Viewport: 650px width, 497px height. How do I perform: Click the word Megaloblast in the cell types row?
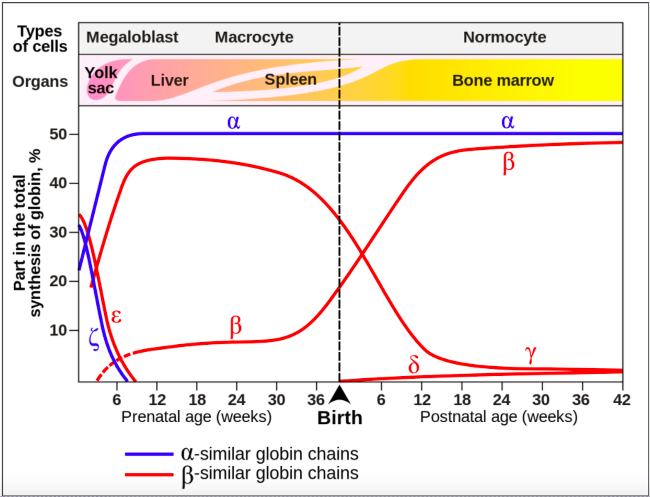(x=132, y=38)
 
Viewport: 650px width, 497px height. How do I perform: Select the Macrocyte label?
(x=254, y=38)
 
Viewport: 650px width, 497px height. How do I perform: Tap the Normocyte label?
(x=504, y=38)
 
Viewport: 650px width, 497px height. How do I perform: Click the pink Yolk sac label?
(x=100, y=80)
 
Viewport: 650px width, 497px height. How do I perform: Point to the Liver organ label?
(x=170, y=80)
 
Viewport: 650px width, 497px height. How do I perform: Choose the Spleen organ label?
(x=291, y=79)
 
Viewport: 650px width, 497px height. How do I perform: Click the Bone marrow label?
(x=503, y=81)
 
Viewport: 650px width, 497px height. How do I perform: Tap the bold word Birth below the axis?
(x=339, y=418)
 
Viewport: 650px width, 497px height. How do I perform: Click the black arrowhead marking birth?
(x=339, y=393)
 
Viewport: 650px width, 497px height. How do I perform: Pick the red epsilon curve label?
(x=117, y=316)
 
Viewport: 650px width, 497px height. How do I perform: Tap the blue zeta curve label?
(x=94, y=338)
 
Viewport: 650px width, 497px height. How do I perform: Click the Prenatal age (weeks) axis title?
(x=197, y=416)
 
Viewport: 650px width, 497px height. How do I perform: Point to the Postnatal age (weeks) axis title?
(x=499, y=416)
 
